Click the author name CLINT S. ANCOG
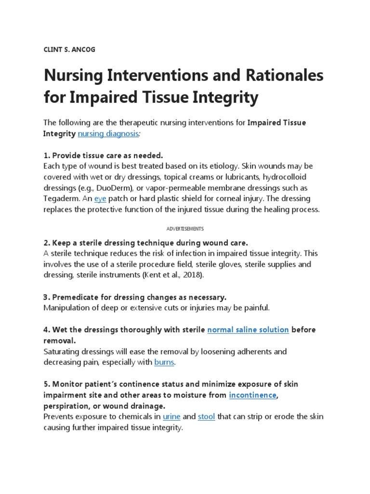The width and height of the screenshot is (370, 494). tap(69, 50)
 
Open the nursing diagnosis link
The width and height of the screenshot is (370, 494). tap(108, 134)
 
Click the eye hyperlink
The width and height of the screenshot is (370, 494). tap(100, 199)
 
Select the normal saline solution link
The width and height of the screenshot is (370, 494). tap(248, 329)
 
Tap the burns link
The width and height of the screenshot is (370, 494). tap(164, 361)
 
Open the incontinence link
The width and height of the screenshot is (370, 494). tap(252, 395)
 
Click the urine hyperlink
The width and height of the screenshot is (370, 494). tap(172, 416)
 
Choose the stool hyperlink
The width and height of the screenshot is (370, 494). tap(206, 416)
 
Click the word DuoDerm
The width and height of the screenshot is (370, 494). tap(110, 188)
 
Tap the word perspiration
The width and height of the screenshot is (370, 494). tap(66, 406)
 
